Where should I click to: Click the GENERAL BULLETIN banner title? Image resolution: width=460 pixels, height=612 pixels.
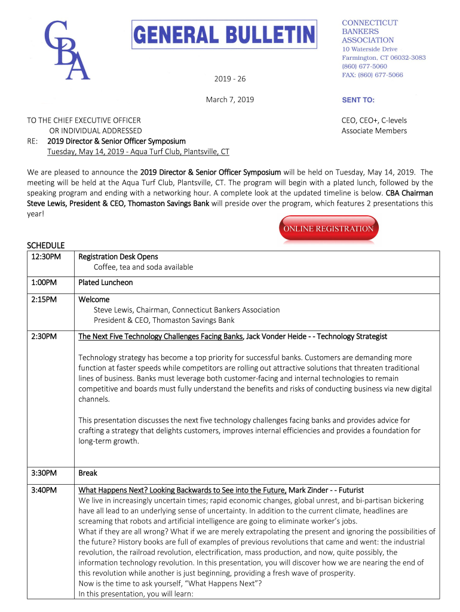point(223,35)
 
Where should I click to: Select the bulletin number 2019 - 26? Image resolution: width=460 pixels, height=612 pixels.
point(229,79)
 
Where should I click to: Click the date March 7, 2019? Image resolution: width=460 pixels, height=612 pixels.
point(229,99)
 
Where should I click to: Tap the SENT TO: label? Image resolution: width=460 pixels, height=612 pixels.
point(358,100)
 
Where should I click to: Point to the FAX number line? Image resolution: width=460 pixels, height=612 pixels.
point(372,75)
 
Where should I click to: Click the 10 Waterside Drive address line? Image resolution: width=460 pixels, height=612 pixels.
point(369,49)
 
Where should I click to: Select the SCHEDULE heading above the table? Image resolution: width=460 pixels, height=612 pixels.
point(46,246)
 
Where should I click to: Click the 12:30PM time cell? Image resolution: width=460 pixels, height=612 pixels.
point(44,257)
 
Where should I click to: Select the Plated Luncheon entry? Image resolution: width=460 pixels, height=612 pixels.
point(106,282)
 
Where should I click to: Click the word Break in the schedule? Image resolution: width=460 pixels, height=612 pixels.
point(88,473)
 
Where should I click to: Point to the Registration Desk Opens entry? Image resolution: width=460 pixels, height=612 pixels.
point(118,257)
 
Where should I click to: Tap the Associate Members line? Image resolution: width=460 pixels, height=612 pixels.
point(374,131)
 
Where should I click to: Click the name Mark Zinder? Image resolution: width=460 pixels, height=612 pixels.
point(308,490)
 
